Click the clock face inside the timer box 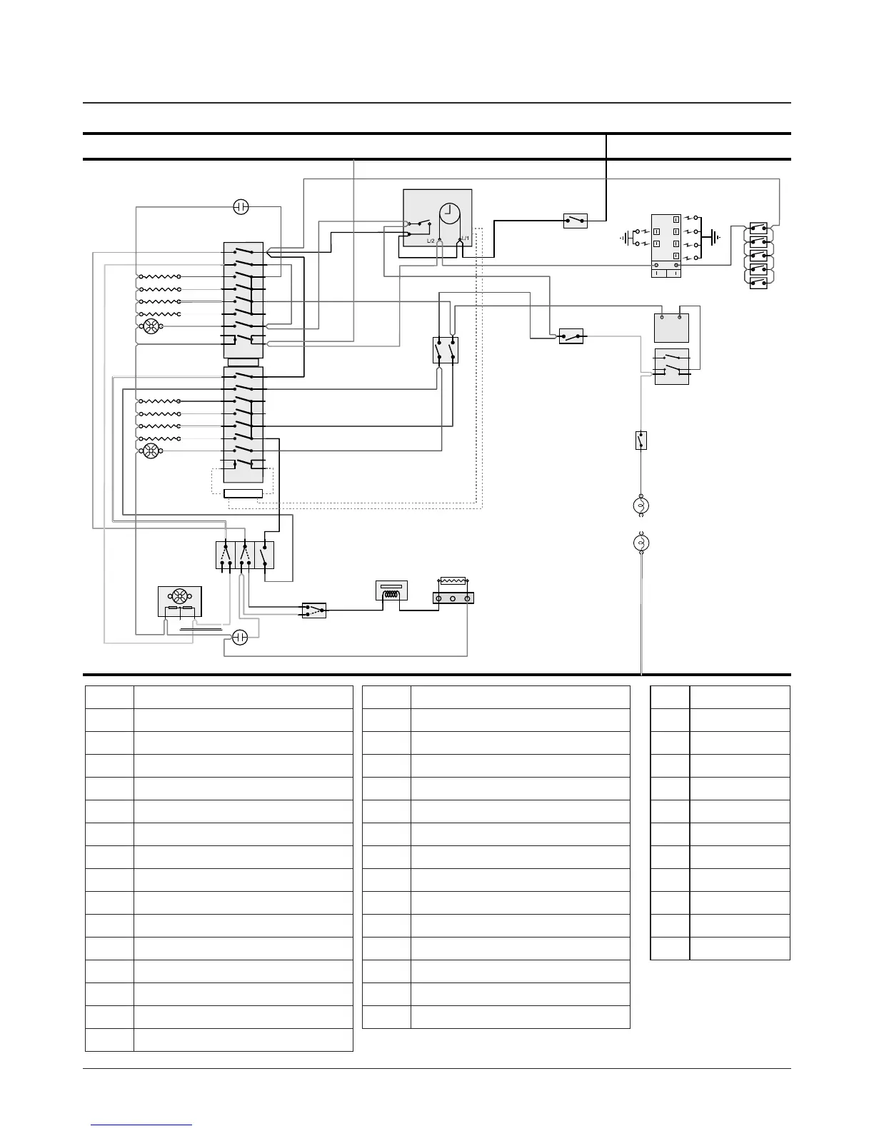450,213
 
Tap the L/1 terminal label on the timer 465,238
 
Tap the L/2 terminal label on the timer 431,241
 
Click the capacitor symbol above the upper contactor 241,207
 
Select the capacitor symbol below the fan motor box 241,637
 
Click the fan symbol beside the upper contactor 151,326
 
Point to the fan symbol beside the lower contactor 151,451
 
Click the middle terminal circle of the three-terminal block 453,598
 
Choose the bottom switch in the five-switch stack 758,283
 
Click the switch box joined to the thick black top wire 576,221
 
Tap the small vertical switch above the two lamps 641,441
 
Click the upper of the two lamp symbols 641,506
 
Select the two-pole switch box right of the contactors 446,351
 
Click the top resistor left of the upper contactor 159,276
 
